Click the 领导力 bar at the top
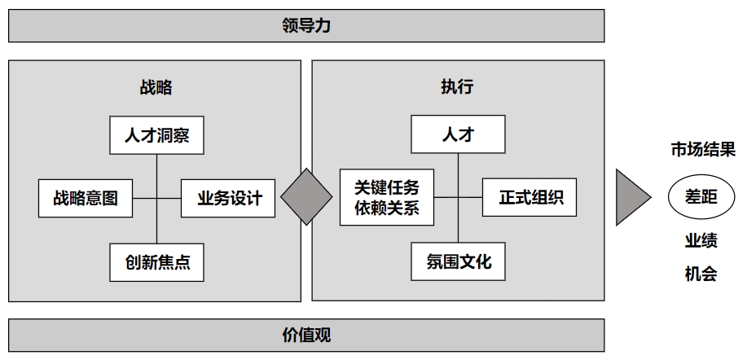(306, 26)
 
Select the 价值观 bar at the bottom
(306, 335)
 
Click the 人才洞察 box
(156, 135)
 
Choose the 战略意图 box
(86, 198)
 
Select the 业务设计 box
(229, 198)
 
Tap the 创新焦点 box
(156, 262)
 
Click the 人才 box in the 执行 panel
(457, 135)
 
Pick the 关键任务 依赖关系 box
(386, 197)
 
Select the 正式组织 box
(529, 197)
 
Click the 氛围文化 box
(458, 262)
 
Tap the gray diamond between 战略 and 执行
(307, 197)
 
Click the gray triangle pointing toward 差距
(631, 197)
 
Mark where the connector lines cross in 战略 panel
(156, 198)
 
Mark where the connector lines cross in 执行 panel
(458, 197)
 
